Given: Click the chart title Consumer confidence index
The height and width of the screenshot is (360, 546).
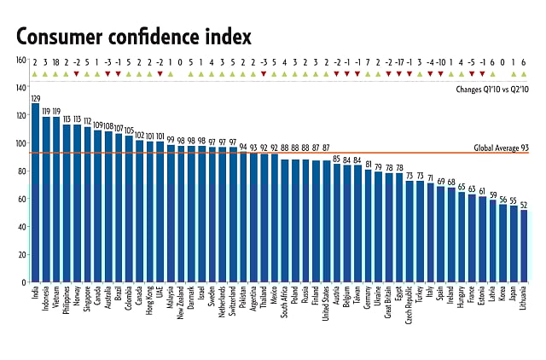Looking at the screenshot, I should coord(133,37).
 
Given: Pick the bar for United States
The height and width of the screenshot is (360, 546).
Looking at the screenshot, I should coord(326,221).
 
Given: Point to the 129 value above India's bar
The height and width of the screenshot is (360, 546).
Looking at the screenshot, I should coord(36,99).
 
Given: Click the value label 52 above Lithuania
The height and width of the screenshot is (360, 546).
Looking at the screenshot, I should coord(523,205).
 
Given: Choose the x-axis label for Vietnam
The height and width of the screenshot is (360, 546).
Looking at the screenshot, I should coord(57,303).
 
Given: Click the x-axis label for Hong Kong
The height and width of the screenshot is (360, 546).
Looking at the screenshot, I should coord(150,304).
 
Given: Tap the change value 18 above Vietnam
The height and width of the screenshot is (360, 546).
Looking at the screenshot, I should coord(56,61).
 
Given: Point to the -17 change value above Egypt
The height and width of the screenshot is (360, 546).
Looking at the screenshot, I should coord(399,61).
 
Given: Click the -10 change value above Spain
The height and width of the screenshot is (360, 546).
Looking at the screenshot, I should coord(441,61).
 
